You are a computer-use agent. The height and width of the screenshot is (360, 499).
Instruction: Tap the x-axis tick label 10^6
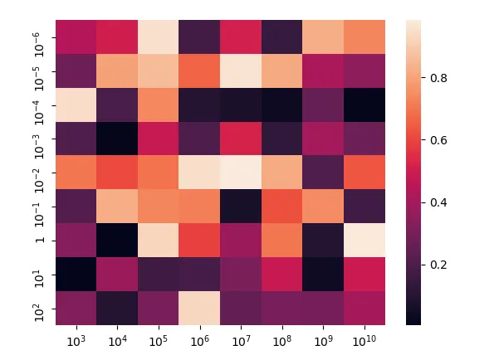[199, 340]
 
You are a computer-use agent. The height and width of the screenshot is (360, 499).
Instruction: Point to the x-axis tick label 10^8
[282, 340]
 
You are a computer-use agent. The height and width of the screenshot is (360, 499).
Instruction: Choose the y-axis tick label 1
[43, 239]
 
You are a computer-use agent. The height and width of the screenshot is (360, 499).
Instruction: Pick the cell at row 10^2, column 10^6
[199, 307]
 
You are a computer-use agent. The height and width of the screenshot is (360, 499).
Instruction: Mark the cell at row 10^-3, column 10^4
[116, 138]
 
